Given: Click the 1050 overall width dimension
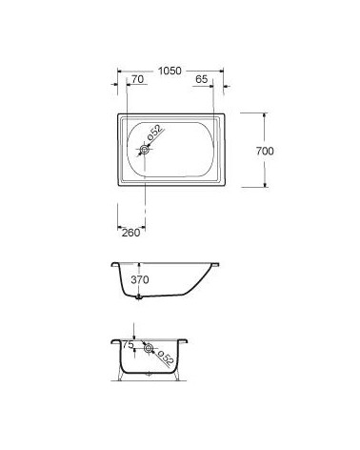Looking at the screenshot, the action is pos(170,71).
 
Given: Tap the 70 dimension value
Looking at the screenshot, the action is pos(137,79).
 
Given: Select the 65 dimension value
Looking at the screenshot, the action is pos(201,79).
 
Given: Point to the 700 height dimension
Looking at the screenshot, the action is pos(265,151).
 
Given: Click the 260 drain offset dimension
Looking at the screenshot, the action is pos(130,233).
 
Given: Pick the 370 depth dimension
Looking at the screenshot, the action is pos(140,279).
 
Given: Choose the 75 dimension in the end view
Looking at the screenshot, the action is pos(128,345).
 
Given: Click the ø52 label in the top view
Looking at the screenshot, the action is pos(154,133).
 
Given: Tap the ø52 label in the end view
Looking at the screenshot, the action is pos(166,358).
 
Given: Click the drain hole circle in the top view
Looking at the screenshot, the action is pos(145,150).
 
